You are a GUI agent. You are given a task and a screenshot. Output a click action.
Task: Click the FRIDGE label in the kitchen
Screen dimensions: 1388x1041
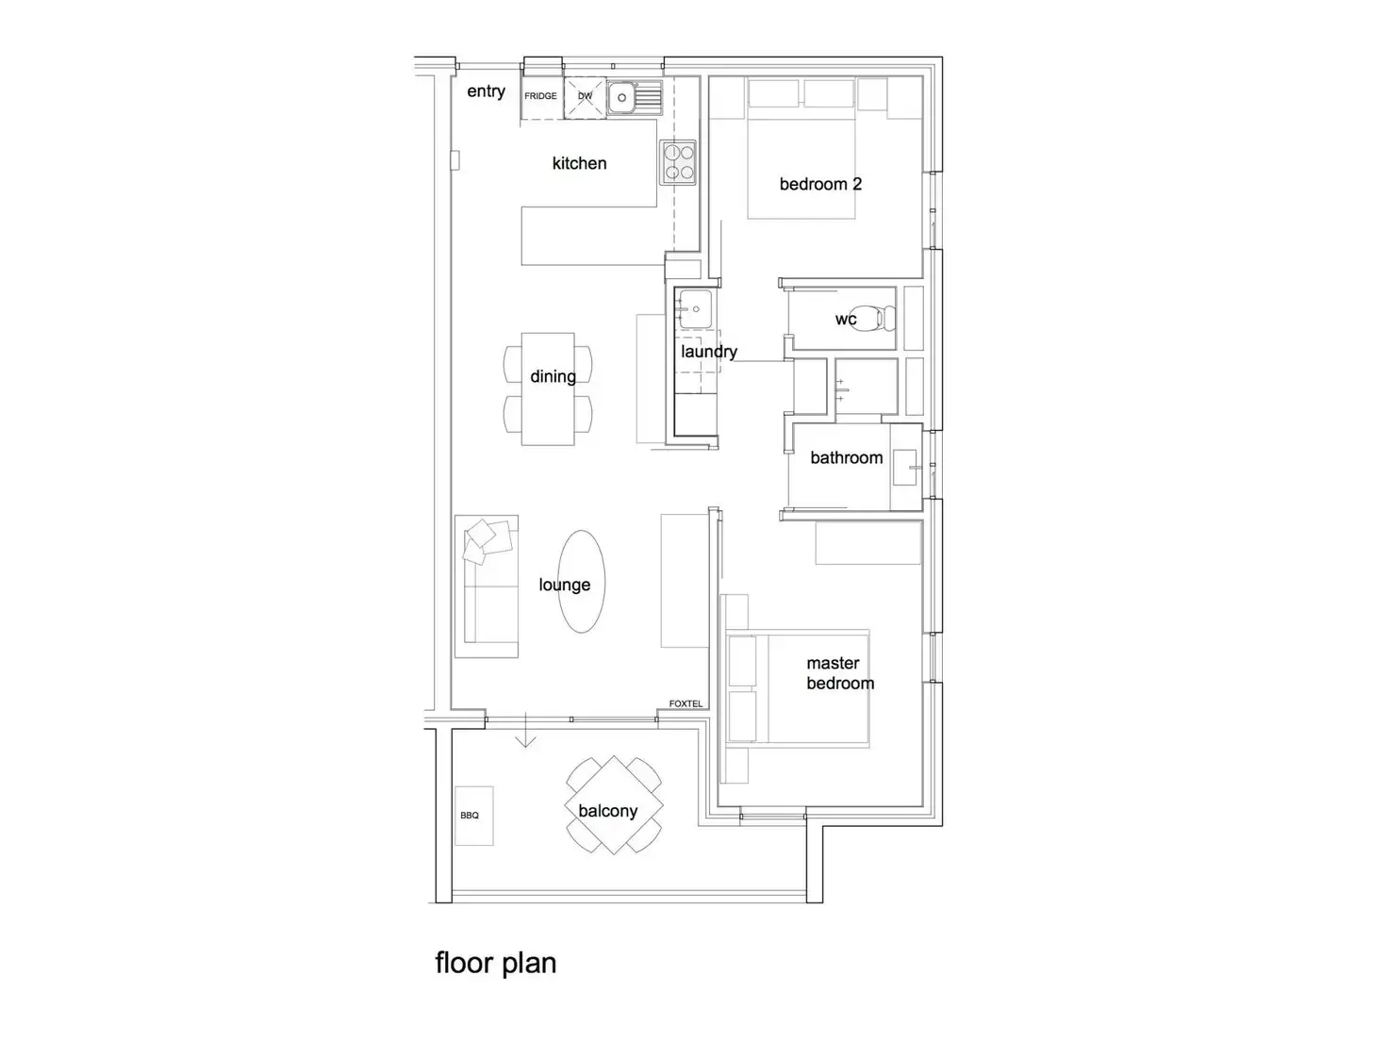coord(540,96)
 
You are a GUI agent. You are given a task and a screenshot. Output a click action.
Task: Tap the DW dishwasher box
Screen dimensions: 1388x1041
coord(585,96)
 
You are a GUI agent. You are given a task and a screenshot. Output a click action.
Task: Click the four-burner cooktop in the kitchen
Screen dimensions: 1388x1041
coord(678,161)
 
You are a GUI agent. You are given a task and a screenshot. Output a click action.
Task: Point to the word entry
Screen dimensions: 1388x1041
coord(486,91)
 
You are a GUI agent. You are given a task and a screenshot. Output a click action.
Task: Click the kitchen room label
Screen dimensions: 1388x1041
coord(579,163)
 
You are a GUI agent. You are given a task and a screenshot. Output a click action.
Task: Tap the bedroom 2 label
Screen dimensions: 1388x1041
coord(820,184)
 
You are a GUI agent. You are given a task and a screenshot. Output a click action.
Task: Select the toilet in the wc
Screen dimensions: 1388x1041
coord(884,318)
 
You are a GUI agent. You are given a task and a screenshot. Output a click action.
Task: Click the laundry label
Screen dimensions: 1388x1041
coord(709,352)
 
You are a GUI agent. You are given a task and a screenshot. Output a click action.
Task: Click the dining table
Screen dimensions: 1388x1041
coord(549,388)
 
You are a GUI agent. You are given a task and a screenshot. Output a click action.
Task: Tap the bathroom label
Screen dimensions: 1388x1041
coord(846,457)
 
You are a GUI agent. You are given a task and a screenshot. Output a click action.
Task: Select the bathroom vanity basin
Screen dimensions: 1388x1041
coord(905,467)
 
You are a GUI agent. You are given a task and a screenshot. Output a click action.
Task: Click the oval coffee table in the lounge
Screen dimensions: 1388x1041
coord(582,582)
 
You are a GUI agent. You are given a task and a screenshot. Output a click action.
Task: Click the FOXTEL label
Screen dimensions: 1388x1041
coord(686,703)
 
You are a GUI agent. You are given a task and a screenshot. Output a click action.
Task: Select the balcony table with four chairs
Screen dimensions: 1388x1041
coord(614,804)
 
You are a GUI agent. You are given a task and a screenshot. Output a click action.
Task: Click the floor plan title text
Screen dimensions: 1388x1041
coord(495,963)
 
